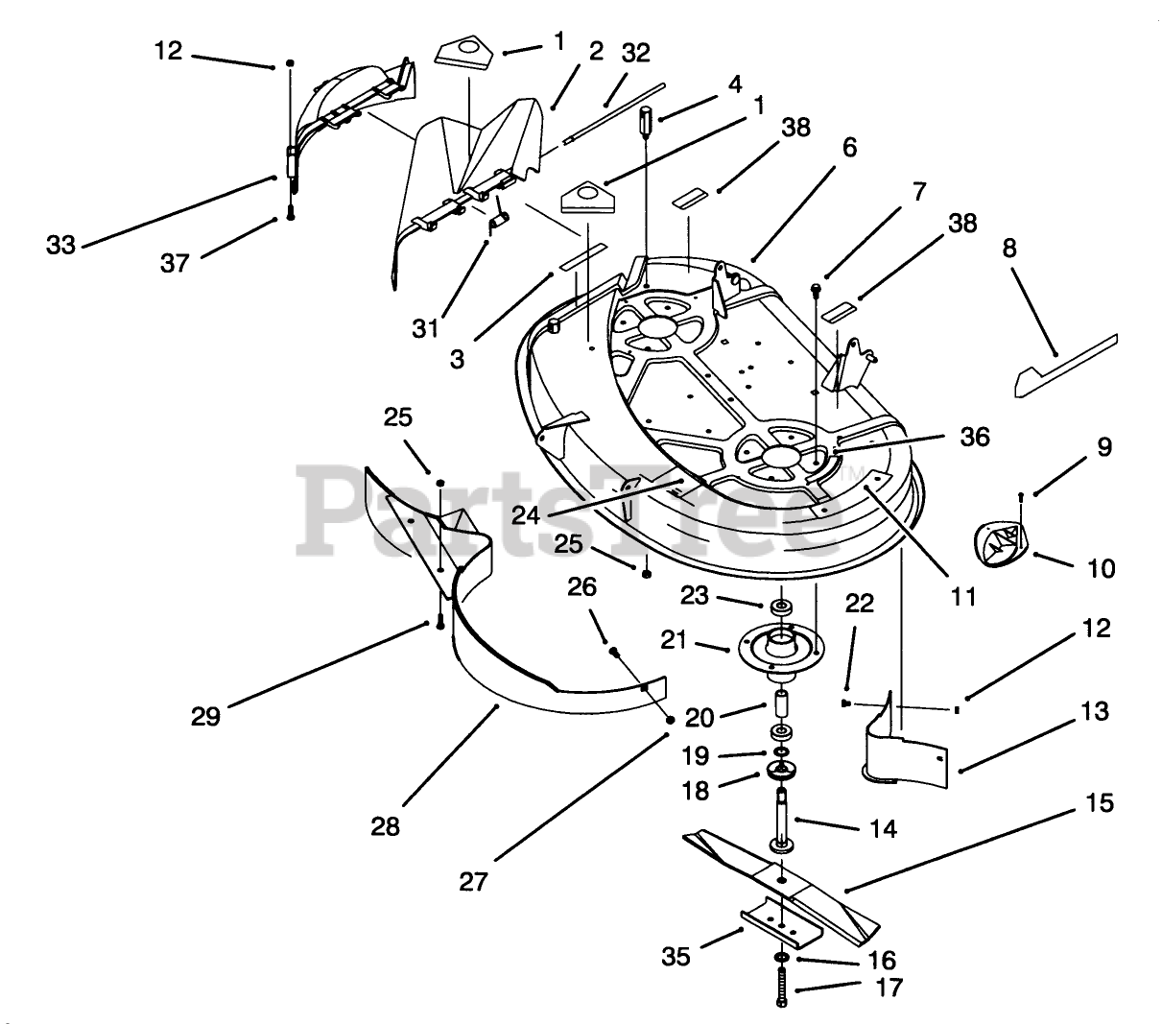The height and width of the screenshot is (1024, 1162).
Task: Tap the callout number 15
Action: click(1101, 801)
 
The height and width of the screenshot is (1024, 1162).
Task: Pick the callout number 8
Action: click(1008, 250)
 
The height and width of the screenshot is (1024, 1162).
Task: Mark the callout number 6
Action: click(850, 148)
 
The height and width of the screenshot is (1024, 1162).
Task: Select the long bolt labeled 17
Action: click(781, 985)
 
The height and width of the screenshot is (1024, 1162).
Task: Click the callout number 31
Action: click(426, 327)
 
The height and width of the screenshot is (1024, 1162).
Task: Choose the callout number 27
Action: click(473, 880)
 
